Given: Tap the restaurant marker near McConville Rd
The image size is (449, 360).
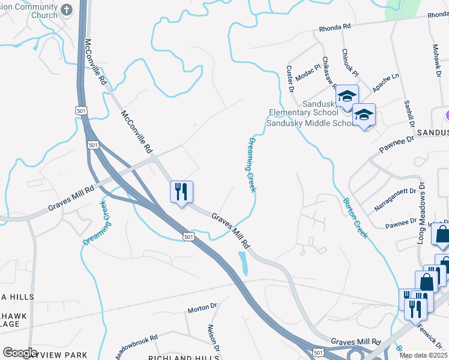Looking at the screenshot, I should [x=181, y=192].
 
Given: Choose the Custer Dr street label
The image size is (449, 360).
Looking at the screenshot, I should [x=289, y=79].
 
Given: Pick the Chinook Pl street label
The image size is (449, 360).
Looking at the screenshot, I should [x=351, y=63].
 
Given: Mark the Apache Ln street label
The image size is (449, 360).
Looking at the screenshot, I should [x=385, y=83].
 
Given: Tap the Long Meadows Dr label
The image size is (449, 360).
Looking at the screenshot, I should [x=422, y=213].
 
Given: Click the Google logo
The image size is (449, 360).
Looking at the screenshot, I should [x=20, y=352].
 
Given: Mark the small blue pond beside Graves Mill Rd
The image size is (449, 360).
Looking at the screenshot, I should [x=243, y=263].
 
